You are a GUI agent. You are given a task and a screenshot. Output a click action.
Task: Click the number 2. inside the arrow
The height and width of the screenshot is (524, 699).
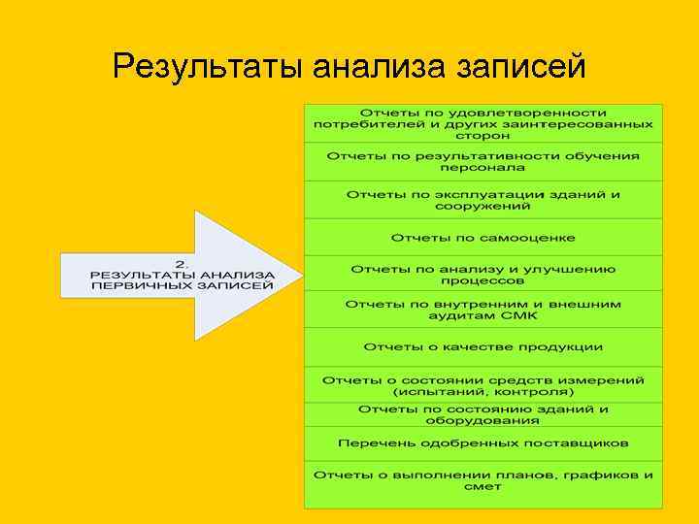(x=182, y=262)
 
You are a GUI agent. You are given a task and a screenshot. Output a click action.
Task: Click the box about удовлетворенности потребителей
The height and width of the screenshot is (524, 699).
(x=483, y=123)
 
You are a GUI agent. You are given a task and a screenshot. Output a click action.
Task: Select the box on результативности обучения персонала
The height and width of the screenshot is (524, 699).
(x=483, y=161)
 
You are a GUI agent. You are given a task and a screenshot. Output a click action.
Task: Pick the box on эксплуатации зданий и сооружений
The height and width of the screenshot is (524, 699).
(x=483, y=199)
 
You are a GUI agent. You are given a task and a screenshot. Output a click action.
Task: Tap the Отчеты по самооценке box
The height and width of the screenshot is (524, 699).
(x=483, y=238)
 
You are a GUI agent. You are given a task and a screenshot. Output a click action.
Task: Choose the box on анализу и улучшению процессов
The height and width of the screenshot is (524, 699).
(x=483, y=274)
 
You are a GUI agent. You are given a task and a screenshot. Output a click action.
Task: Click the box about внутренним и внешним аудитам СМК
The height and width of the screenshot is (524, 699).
(x=483, y=311)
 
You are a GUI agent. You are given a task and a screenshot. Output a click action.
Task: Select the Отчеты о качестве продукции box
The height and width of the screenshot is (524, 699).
(x=483, y=347)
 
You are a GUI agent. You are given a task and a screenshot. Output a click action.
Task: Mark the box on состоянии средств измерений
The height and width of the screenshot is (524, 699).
(x=483, y=385)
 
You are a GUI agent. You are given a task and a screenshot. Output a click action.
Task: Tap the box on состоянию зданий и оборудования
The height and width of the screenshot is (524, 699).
(x=483, y=414)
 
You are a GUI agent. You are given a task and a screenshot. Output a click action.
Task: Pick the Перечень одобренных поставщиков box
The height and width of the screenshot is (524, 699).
(x=483, y=443)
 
